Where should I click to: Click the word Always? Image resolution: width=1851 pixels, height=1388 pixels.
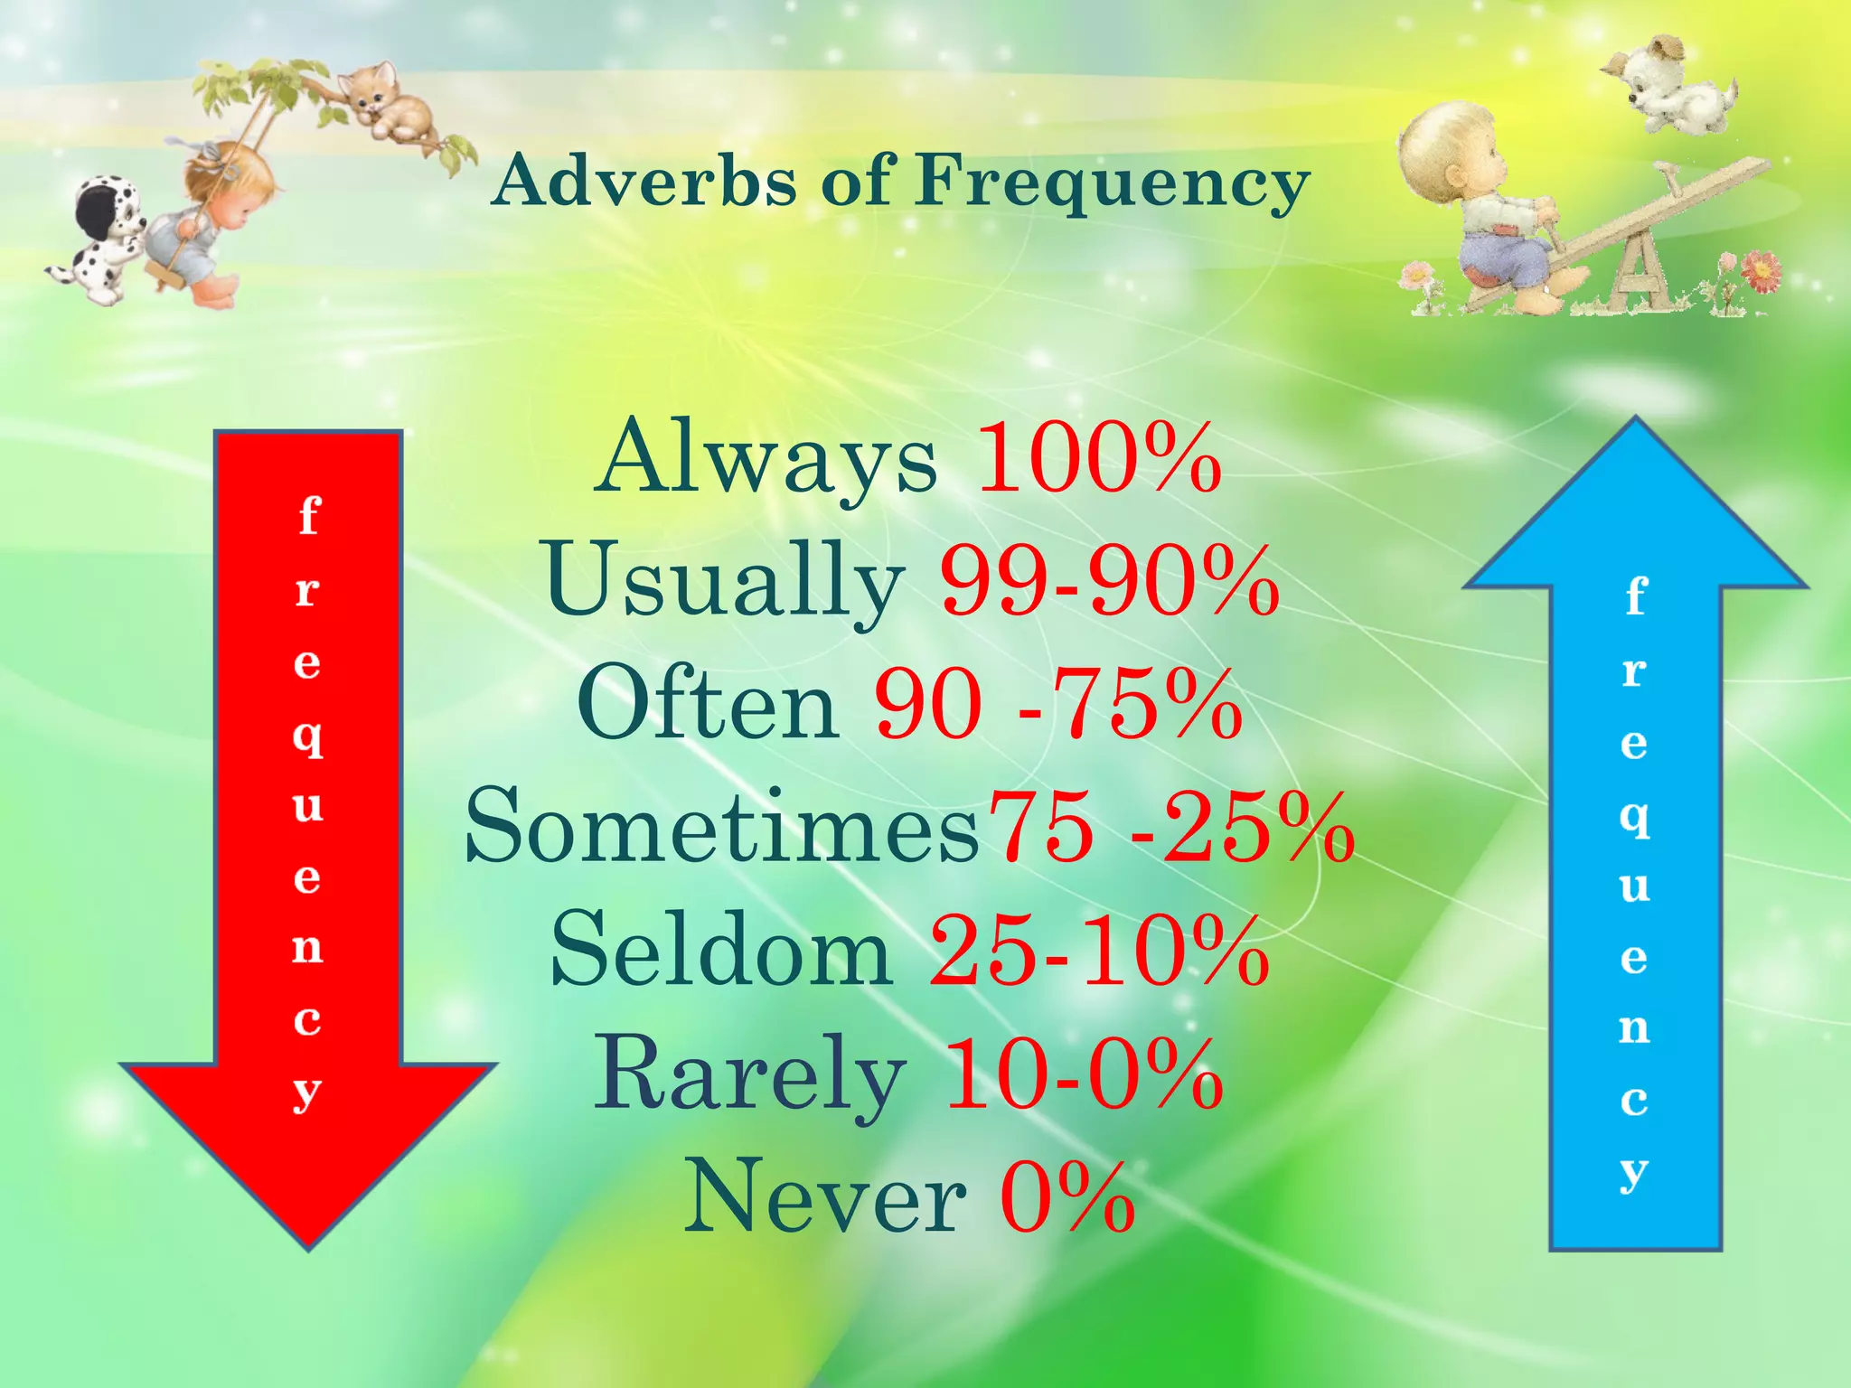coord(766,459)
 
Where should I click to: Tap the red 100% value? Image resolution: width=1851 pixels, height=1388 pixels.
coord(1099,459)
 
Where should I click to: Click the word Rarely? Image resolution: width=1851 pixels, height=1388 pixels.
coord(749,1075)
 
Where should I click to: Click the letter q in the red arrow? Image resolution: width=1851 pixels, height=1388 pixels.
coord(308,737)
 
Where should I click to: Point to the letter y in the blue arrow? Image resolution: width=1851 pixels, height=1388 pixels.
coord(1634,1173)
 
